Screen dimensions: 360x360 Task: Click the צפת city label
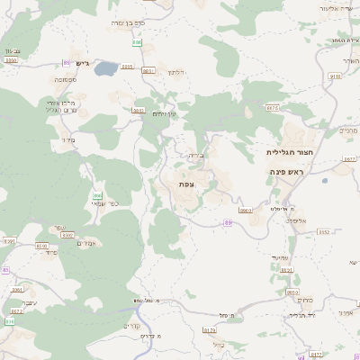(186, 184)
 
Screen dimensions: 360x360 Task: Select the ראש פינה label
(289, 171)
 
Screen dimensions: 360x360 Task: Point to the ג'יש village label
(85, 64)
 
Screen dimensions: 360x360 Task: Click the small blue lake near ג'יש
(106, 67)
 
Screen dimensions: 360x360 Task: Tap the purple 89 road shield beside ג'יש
(67, 62)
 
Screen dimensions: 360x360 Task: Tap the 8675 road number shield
(273, 108)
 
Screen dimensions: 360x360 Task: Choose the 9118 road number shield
(336, 76)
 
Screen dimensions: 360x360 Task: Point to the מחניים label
(348, 130)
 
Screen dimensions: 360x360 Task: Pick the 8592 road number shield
(41, 245)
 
